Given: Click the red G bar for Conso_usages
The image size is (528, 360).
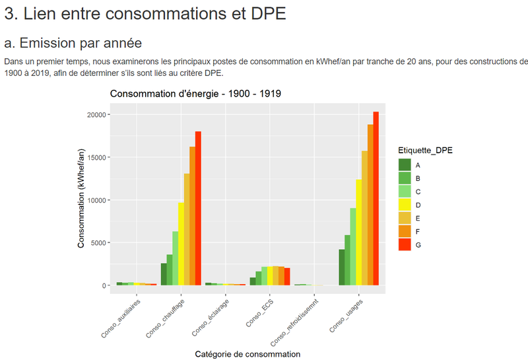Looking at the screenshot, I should click(x=376, y=198).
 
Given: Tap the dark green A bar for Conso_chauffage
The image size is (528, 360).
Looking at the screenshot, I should click(x=164, y=275).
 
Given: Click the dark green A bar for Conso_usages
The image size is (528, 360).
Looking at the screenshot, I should click(x=341, y=268).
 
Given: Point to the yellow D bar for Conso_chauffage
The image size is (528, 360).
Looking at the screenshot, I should click(x=181, y=244).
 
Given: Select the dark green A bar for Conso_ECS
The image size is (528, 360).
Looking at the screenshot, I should click(x=253, y=281).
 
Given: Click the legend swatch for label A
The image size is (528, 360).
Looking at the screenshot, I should click(x=405, y=164).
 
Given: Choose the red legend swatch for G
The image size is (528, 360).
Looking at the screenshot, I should click(x=405, y=244).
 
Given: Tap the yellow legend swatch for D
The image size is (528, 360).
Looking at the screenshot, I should click(x=405, y=205).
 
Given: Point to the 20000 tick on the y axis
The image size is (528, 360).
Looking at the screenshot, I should click(x=97, y=115).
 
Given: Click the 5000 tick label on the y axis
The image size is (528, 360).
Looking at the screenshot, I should click(x=99, y=243).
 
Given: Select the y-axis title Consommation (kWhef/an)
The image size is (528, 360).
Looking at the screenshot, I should click(x=81, y=198).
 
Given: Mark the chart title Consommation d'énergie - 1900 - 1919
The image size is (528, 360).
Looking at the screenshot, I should click(x=196, y=94).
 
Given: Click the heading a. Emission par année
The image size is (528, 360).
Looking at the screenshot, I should click(x=73, y=44).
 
